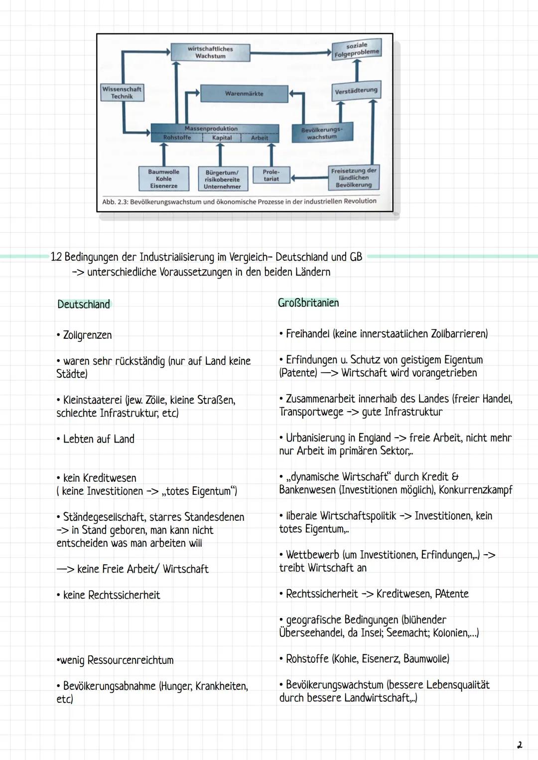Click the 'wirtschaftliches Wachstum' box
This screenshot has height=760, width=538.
(210, 52)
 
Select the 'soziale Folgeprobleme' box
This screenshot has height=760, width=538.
(357, 49)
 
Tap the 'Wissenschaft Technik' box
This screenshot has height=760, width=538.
(122, 93)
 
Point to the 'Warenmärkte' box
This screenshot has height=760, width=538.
(244, 93)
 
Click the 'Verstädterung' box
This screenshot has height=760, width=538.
(356, 91)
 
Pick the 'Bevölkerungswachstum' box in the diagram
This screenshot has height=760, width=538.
(322, 133)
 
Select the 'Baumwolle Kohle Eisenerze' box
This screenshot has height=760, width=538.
(163, 178)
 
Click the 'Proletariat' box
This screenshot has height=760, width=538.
(271, 175)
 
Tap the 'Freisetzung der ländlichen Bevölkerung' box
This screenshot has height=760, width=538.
(354, 177)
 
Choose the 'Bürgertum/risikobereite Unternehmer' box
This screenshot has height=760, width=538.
(222, 179)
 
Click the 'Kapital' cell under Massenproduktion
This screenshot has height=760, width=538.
(222, 138)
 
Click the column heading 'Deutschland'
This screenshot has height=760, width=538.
(84, 304)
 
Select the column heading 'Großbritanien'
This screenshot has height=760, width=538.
(308, 303)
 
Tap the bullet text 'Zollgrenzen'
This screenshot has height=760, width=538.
(87, 335)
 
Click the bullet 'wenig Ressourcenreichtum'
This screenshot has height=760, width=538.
(117, 660)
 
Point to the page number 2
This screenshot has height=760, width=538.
(520, 746)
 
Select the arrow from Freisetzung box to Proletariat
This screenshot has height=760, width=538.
(309, 177)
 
